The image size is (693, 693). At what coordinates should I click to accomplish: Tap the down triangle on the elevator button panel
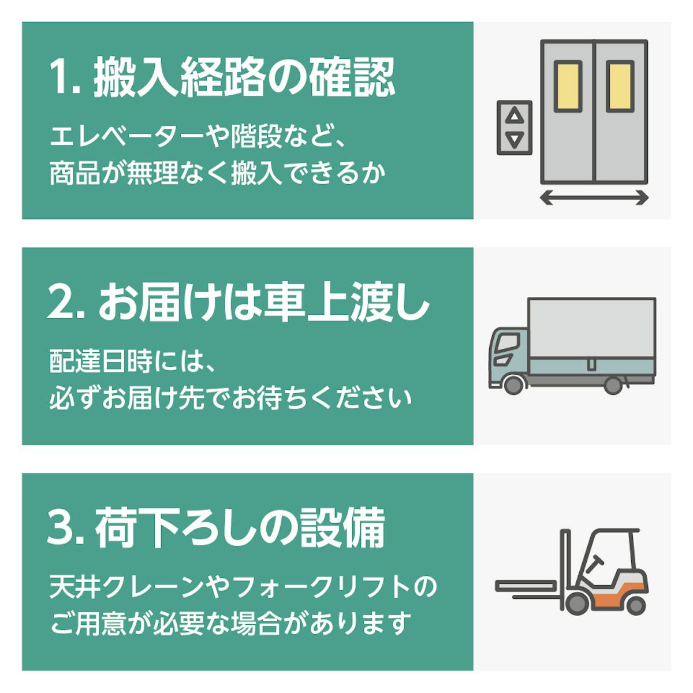tap(515, 139)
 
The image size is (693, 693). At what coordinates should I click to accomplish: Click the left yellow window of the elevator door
tap(568, 86)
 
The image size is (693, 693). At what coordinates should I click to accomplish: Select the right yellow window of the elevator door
tap(620, 86)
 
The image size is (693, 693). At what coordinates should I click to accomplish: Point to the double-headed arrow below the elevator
tap(594, 198)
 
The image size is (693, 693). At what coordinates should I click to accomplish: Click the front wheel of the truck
tap(514, 385)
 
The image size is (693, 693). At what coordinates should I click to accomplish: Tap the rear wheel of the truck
tap(613, 385)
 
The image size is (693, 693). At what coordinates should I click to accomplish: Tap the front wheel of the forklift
tap(577, 603)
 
